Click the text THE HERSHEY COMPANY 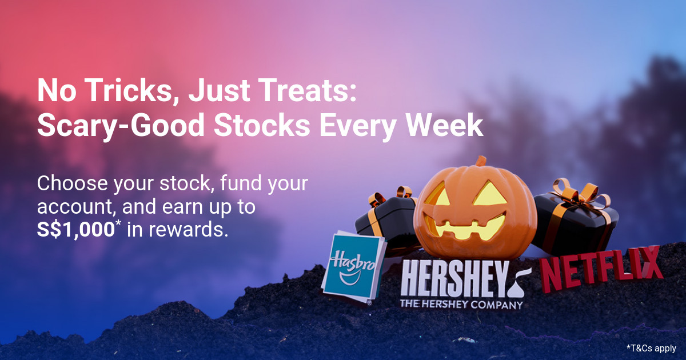tap(461, 305)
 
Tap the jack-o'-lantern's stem tap(481, 161)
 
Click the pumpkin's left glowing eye tap(437, 194)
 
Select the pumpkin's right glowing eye tap(489, 194)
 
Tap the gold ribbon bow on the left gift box tap(389, 196)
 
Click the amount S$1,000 tap(76, 230)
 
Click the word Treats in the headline tap(309, 90)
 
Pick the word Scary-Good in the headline tap(121, 126)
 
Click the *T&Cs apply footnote tap(651, 348)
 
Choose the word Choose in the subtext tap(72, 183)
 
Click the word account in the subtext tap(78, 207)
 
